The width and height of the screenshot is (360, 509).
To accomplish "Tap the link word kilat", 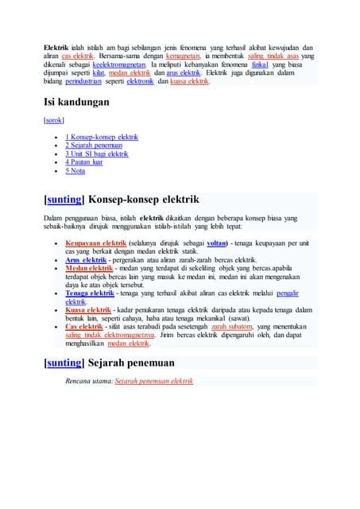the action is click(x=99, y=72).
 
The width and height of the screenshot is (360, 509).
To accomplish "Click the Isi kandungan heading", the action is click(x=76, y=103).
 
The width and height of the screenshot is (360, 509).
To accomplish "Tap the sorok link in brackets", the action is click(x=53, y=120).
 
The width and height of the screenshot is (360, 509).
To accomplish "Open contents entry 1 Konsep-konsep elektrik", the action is click(x=102, y=137).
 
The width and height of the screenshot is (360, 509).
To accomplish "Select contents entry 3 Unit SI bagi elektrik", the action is click(x=96, y=153).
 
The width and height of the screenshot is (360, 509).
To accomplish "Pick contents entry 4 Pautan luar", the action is click(x=83, y=162).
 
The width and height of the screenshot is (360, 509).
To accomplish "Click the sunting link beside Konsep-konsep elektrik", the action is click(x=64, y=199).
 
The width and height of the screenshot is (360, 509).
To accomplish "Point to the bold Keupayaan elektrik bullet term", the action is click(x=95, y=243).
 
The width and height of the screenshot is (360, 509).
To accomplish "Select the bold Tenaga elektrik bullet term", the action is click(x=88, y=293).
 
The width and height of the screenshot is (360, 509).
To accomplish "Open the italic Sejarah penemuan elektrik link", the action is click(x=154, y=381).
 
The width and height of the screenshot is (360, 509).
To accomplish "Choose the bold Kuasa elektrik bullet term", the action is click(x=87, y=310).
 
